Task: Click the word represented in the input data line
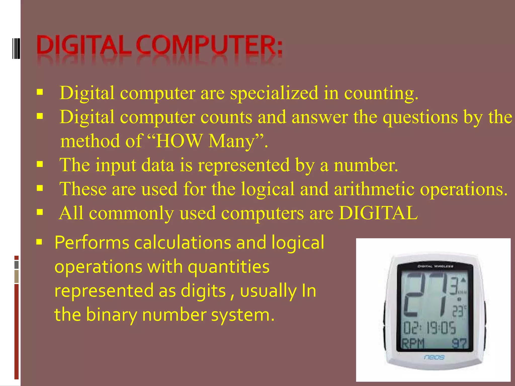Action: [x=244, y=166]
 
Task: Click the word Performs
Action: [x=92, y=243]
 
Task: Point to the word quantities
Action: [x=229, y=267]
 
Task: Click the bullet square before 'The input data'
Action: [x=40, y=165]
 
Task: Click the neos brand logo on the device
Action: [x=434, y=357]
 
